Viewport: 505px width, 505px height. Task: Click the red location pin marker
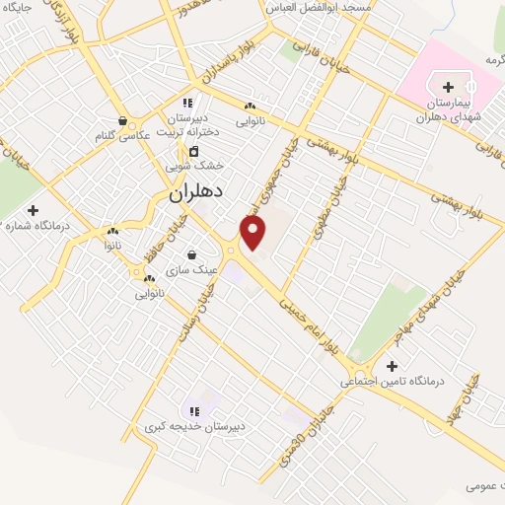coord(253,233)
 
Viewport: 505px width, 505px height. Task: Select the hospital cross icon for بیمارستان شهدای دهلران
coord(449,88)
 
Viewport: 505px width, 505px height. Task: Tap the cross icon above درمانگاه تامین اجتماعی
coord(392,366)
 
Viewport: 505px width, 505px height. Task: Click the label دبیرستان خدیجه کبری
coord(194,427)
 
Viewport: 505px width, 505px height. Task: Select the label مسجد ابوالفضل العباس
coord(315,7)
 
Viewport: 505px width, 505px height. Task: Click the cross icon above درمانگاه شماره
coord(33,210)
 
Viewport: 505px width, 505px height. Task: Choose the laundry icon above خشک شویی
coord(193,151)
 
